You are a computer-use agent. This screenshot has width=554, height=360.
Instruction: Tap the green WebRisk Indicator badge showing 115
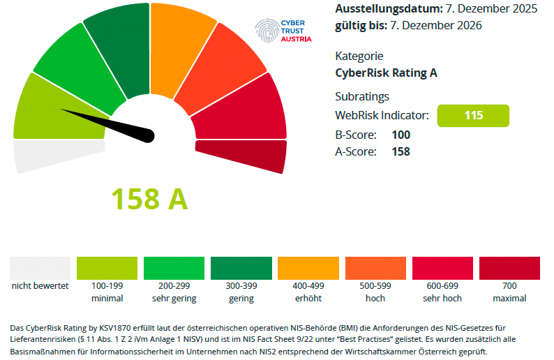[x=473, y=116]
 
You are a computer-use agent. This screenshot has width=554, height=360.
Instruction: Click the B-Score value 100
[x=401, y=135]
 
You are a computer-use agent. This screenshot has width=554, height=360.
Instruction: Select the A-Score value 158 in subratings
[x=401, y=151]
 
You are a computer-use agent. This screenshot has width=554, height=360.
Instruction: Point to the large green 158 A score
[x=150, y=200]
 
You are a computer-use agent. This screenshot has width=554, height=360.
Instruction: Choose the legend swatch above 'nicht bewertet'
[x=40, y=268]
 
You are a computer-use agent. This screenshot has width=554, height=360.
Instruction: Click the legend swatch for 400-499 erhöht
[x=308, y=268]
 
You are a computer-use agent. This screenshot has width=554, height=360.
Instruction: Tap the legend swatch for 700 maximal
[x=509, y=268]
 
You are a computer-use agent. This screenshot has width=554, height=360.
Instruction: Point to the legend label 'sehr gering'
[x=174, y=299]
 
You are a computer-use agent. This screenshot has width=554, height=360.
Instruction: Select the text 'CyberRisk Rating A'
[x=386, y=73]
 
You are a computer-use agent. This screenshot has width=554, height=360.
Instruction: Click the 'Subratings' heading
[x=362, y=96]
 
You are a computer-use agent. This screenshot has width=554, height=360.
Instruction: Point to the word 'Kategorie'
[x=359, y=56]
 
